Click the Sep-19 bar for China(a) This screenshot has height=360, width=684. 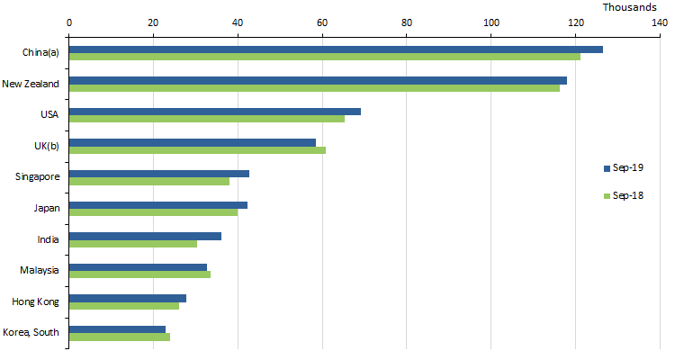pos(336,49)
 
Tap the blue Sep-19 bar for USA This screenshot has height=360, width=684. pos(215,112)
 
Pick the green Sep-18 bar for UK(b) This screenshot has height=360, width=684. pos(197,149)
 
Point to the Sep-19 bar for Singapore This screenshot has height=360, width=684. pos(159,173)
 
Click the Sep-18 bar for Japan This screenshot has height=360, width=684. pos(154,212)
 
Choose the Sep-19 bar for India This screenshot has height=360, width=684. pos(145,236)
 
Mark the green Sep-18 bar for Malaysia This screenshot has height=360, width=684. pos(139,274)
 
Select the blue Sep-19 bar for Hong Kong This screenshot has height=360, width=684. pos(128,298)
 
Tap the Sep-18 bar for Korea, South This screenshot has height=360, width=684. pos(120,337)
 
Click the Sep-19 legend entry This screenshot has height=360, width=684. pos(623,168)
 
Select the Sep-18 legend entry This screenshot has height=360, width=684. pos(623,195)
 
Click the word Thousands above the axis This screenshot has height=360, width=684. pos(630,7)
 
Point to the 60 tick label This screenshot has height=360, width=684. pos(322,22)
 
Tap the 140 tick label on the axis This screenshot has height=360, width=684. pos(660,22)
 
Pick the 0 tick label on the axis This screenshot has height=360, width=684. pos(69,22)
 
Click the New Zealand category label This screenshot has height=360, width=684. pos(31,84)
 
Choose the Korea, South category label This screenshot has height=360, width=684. pos(31,332)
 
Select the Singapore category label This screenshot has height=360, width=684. pos(38,176)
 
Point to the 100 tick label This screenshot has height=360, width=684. pos(491,22)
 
